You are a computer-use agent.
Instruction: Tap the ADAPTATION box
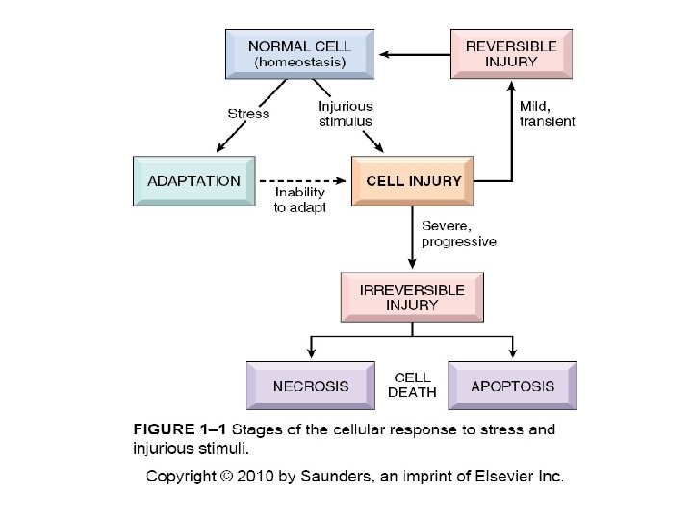click(193, 180)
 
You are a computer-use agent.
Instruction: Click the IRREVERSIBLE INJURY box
click(411, 297)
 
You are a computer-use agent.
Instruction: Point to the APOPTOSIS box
click(512, 386)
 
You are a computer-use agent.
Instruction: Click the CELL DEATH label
click(411, 385)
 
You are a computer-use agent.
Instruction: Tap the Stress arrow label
click(247, 114)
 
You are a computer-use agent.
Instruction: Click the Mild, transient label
click(547, 114)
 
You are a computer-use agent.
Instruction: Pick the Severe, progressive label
click(458, 233)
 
